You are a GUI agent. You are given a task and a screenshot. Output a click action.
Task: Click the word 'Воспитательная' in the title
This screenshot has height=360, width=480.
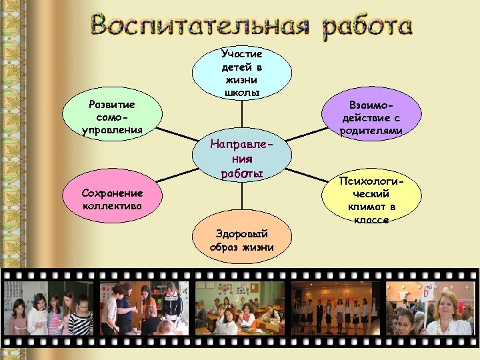(x=200, y=27)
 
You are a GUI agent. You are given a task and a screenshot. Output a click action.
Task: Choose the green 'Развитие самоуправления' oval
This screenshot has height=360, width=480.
(x=112, y=117)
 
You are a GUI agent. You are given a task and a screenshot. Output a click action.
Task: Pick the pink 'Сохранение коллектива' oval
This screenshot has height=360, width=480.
(x=112, y=199)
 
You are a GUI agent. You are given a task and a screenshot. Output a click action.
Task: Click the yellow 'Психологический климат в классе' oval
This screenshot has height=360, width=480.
(x=371, y=199)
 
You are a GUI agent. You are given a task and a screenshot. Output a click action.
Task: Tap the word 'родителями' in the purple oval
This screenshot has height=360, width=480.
(x=371, y=131)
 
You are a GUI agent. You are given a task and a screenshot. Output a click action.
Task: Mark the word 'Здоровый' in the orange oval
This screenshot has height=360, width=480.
(x=241, y=234)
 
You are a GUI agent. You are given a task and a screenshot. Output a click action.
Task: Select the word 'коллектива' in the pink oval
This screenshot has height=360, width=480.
(x=112, y=205)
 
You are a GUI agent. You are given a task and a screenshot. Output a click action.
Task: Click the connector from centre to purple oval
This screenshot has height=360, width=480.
(x=307, y=137)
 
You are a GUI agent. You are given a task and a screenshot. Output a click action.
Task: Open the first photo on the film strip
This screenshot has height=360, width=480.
(x=49, y=307)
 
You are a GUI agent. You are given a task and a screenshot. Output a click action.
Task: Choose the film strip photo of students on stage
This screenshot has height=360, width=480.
(x=337, y=307)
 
